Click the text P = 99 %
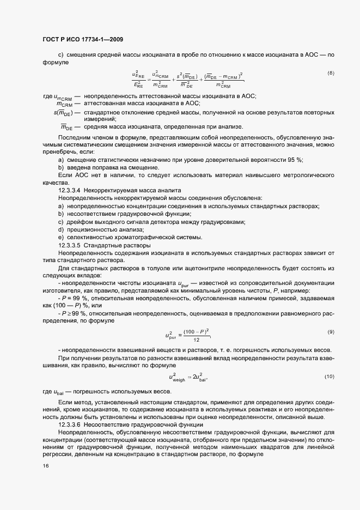click(74, 299)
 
